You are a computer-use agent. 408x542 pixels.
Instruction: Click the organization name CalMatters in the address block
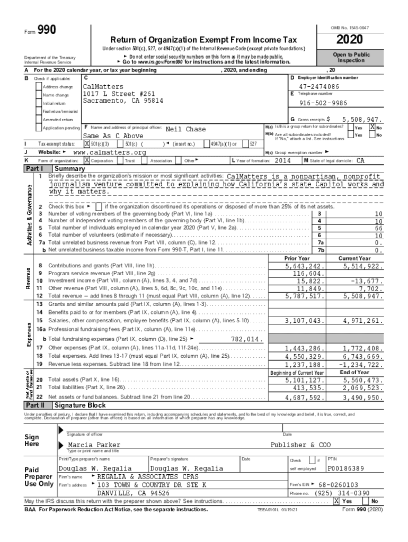103,86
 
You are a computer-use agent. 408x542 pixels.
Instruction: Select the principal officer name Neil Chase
186,129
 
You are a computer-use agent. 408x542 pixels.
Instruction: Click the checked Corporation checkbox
87,160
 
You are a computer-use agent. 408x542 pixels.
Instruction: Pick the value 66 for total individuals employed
378,228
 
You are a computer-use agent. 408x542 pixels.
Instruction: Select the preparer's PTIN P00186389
345,468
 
